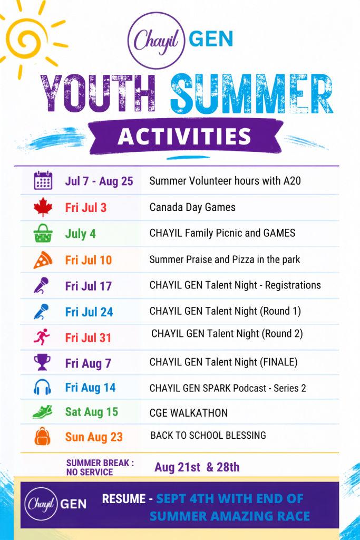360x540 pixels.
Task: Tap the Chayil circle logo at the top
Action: point(157,41)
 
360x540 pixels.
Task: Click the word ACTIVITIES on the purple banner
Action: point(184,137)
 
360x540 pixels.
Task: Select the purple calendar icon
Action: point(43,180)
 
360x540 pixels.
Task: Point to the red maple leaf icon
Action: point(43,207)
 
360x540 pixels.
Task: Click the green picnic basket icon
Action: point(43,233)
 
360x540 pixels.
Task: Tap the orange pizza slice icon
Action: point(43,260)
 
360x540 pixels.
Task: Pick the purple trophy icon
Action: point(42,362)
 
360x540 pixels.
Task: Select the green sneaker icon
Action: point(42,412)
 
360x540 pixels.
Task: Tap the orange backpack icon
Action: point(42,436)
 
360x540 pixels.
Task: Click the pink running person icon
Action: point(42,337)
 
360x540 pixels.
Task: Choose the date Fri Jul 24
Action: point(89,312)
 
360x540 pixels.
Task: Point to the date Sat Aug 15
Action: point(92,412)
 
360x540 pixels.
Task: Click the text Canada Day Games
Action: point(192,207)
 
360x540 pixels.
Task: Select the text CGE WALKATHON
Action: point(189,412)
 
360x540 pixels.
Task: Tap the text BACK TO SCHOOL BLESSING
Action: point(208,435)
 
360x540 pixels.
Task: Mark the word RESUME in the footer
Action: point(124,499)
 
